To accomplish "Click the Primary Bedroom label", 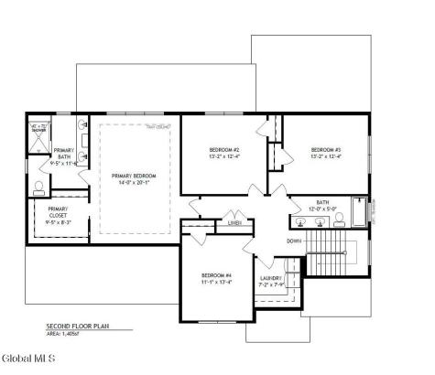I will pyautogui.click(x=134, y=176).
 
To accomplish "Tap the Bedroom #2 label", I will pyautogui.click(x=224, y=149).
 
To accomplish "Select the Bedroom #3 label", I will pyautogui.click(x=325, y=149).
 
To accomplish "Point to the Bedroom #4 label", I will pyautogui.click(x=218, y=274).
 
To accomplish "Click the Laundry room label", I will pyautogui.click(x=270, y=277).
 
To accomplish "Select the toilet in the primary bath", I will pyautogui.click(x=38, y=189).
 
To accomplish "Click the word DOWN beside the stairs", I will pyautogui.click(x=293, y=241).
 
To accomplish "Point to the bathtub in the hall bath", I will pyautogui.click(x=358, y=212).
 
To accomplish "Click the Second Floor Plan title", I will pyautogui.click(x=78, y=327).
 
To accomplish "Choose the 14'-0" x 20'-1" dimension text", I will pyautogui.click(x=134, y=182).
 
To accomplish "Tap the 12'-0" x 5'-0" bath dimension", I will pyautogui.click(x=322, y=209).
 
